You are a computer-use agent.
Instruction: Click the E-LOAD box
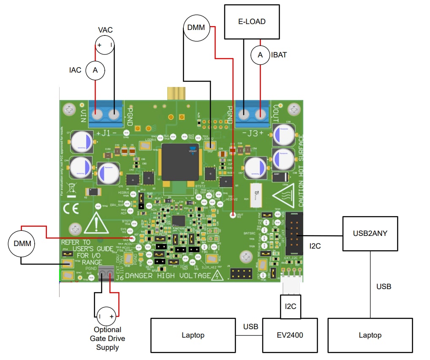coord(252,21)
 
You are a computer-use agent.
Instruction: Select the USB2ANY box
coord(370,233)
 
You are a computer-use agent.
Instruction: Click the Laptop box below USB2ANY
coord(370,335)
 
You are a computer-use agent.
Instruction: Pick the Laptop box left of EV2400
coord(193,335)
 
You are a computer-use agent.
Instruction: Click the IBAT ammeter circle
coord(261,54)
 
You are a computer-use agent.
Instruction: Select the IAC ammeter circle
coord(95,70)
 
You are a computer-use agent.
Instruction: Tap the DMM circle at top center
coord(196,28)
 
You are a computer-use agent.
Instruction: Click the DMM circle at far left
coord(21,244)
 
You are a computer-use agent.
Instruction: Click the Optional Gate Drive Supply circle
coord(106,316)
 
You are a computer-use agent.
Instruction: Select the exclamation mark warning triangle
coord(97,222)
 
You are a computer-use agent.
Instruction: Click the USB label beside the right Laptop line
coord(384,287)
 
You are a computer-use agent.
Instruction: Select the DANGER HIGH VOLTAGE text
coord(168,276)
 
